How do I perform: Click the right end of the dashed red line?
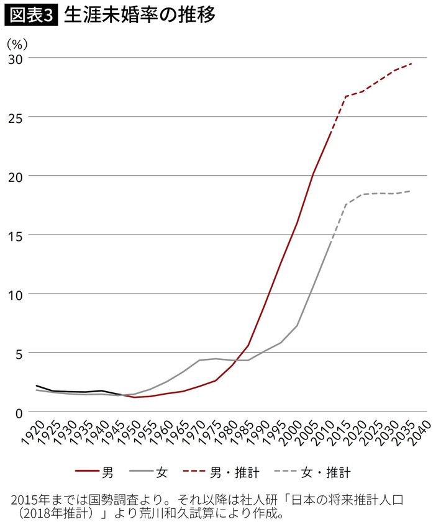[x=411, y=63]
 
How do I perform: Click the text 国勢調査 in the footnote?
[x=101, y=500]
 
